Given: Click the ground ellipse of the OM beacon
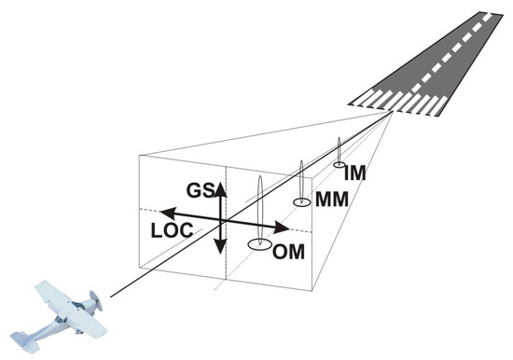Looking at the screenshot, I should coord(260,245).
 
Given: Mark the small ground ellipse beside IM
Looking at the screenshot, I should coord(340,165).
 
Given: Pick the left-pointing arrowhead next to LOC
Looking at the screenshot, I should coord(157,214).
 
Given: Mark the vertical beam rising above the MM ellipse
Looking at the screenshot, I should coord(301,177).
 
